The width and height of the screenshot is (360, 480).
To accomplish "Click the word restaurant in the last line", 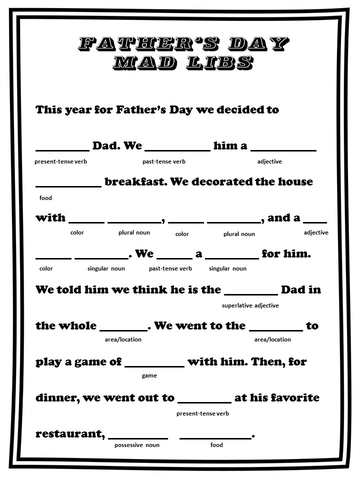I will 69,434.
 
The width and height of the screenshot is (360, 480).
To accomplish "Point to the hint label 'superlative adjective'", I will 250,305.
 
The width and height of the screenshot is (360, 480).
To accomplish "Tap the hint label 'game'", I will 149,375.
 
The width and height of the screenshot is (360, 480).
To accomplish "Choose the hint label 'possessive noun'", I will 137,445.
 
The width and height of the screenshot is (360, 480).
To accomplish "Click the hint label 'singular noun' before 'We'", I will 106,268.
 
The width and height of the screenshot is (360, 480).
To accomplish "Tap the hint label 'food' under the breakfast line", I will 45,198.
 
